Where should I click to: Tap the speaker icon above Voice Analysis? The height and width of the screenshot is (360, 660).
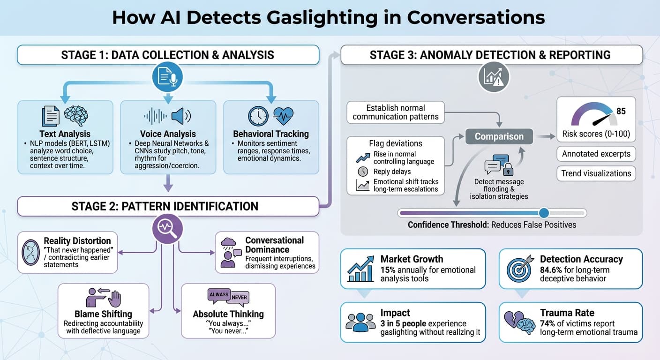pos(181,116)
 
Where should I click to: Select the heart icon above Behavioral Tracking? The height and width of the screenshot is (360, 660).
pos(283,115)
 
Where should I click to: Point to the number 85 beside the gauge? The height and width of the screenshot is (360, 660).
pos(621,112)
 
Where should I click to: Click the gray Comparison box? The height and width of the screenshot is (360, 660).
pos(499,136)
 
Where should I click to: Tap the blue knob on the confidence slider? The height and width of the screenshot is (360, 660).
pos(544,213)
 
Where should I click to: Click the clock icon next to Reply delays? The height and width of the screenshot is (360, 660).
pos(362,172)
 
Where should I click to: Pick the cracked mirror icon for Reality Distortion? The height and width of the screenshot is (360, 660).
pos(31,252)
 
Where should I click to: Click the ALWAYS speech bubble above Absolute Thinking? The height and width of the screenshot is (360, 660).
pos(218,294)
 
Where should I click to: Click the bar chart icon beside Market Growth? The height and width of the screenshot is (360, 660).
pos(360,269)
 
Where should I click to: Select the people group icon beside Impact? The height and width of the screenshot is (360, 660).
pos(360,322)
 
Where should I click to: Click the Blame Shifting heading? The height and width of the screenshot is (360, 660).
pos(103,314)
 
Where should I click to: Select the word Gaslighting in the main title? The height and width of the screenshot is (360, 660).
pos(307,17)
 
